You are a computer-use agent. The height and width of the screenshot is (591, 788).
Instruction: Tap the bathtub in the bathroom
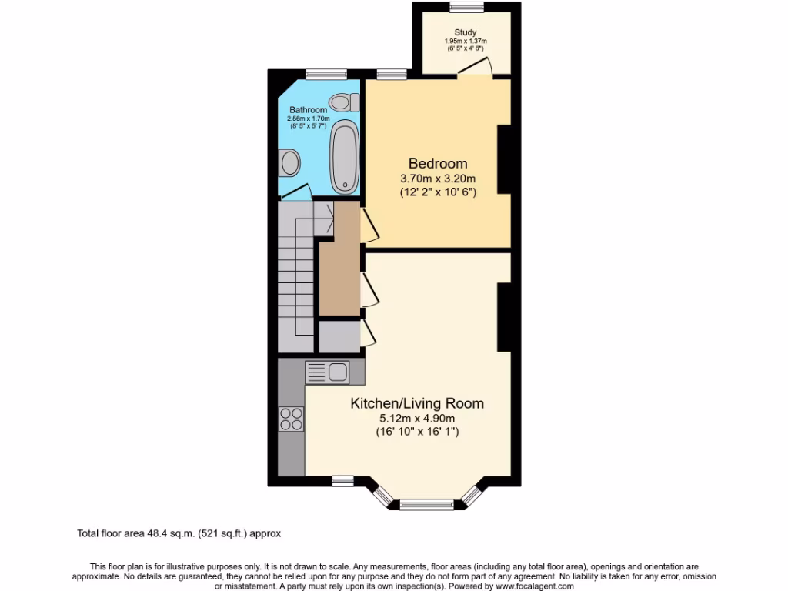click(x=344, y=158)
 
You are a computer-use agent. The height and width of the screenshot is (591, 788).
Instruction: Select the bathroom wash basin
click(x=289, y=162)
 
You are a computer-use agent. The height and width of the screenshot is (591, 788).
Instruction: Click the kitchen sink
click(x=328, y=372)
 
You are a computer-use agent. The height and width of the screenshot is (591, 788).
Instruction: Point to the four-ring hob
click(x=291, y=419)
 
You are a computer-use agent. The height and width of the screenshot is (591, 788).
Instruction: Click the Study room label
click(x=466, y=32)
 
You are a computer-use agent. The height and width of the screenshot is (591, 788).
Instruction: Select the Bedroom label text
click(x=438, y=163)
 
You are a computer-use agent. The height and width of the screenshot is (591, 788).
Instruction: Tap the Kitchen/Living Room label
click(x=417, y=403)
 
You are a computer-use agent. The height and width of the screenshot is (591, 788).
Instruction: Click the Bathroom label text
click(x=308, y=110)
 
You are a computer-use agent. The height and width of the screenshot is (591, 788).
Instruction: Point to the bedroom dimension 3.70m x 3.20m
click(x=438, y=179)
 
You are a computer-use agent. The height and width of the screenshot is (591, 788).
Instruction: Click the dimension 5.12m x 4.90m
click(x=417, y=419)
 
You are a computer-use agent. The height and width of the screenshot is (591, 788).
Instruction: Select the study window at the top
click(x=467, y=7)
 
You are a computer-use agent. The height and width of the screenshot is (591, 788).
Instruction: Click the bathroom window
click(x=321, y=74)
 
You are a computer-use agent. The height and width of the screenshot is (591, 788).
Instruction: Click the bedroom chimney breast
click(x=504, y=160)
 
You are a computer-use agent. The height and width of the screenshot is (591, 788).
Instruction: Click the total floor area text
click(x=184, y=533)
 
